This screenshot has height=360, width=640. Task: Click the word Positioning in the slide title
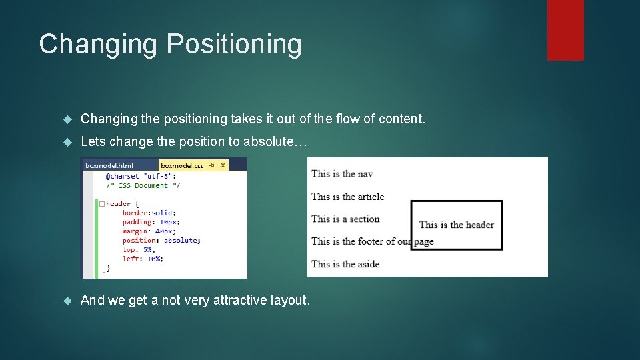click(x=233, y=45)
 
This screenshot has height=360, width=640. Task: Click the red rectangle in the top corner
click(x=565, y=30)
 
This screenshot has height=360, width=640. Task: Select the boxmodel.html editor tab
click(x=109, y=165)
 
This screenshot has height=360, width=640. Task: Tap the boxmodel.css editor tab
click(x=183, y=165)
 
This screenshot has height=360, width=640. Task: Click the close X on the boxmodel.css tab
click(x=223, y=165)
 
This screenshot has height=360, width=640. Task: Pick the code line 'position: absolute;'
click(x=161, y=240)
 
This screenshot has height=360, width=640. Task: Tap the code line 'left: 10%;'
click(x=143, y=258)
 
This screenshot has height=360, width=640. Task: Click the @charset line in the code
click(x=139, y=177)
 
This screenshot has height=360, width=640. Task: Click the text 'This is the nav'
click(x=342, y=174)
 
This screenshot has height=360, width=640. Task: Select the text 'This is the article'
click(x=347, y=197)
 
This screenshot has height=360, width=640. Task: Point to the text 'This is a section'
click(x=345, y=219)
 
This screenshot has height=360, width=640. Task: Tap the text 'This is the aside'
click(x=345, y=264)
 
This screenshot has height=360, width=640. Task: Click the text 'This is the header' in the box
click(x=457, y=225)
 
